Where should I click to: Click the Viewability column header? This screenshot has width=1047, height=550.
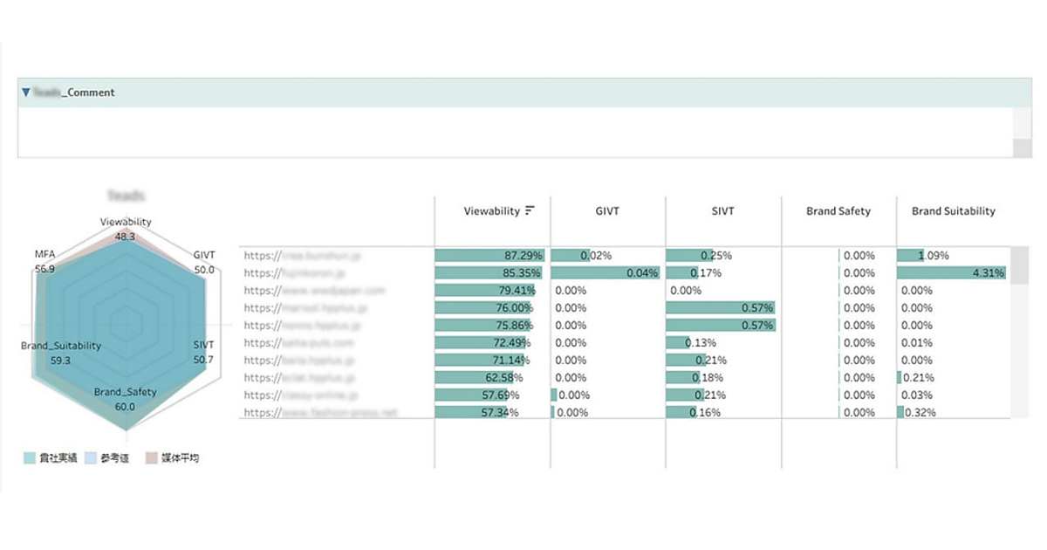[x=492, y=210]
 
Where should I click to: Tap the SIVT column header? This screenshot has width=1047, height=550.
[x=722, y=210]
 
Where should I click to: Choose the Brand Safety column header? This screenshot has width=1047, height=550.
[x=838, y=210]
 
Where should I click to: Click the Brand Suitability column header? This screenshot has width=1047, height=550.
[x=953, y=210]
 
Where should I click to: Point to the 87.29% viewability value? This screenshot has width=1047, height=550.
[x=524, y=256]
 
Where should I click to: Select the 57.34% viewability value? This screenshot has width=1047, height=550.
[x=500, y=413]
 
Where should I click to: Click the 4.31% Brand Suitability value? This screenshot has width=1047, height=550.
[x=988, y=273]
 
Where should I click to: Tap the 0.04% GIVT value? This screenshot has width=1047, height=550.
[x=641, y=273]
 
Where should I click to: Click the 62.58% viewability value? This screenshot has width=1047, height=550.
[x=504, y=378]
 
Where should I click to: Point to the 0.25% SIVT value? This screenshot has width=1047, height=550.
[x=717, y=256]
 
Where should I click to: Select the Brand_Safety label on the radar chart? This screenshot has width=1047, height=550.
[x=125, y=392]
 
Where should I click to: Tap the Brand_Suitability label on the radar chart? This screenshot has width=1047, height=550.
[x=61, y=346]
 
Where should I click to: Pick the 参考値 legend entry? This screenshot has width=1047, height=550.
[x=114, y=457]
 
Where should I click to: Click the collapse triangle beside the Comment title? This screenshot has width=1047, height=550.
[x=26, y=92]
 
